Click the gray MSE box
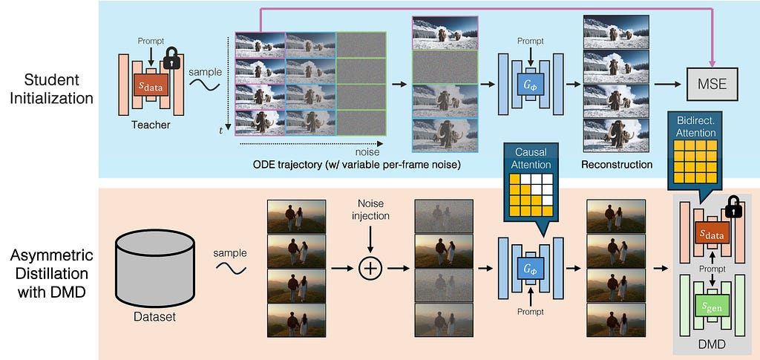712,85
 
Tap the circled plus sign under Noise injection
370,268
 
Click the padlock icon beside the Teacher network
171,58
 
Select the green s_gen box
712,307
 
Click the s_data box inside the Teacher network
151,86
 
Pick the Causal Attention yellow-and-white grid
531,194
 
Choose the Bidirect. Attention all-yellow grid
695,161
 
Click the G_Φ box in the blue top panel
530,85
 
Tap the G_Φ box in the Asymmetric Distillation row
530,268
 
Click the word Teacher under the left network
151,125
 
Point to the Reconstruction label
617,164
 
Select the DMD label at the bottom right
712,344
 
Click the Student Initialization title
52,88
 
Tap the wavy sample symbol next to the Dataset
232,268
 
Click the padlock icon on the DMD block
733,207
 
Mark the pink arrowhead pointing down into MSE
712,64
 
